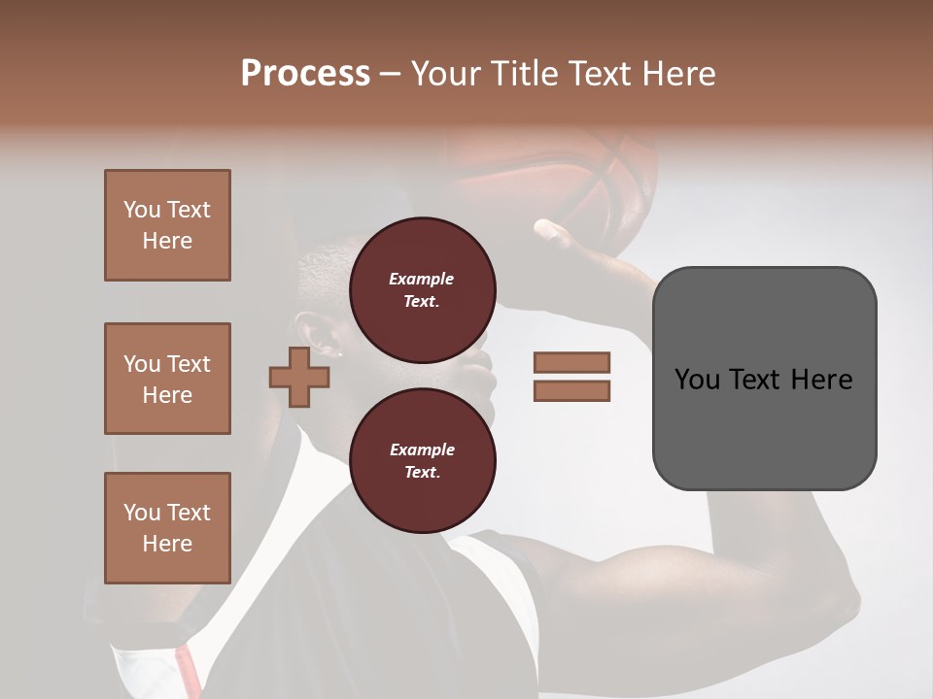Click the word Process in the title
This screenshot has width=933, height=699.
(x=305, y=74)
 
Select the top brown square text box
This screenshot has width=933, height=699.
(x=167, y=225)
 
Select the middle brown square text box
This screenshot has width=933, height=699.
(x=167, y=379)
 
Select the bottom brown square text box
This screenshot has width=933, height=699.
(x=167, y=528)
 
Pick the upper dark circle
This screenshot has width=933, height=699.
(x=423, y=290)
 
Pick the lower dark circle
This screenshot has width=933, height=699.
(x=423, y=461)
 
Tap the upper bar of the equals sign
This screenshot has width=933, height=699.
(x=571, y=362)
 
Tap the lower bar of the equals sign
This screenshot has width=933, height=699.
(x=571, y=390)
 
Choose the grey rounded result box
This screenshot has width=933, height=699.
(x=764, y=379)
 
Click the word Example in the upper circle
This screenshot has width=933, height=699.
(x=421, y=279)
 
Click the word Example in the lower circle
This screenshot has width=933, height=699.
(x=422, y=449)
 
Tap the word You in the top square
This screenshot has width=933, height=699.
(x=141, y=210)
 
